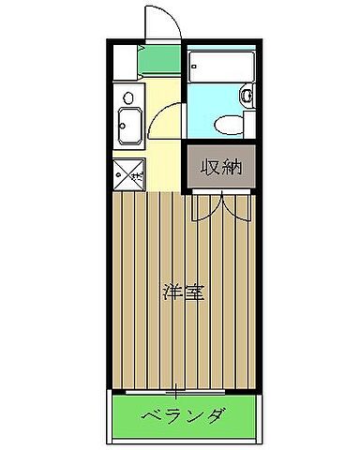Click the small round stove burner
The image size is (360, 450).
[x=128, y=95]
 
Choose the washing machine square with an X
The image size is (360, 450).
[x=127, y=172]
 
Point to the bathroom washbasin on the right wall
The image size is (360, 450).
[x=248, y=95]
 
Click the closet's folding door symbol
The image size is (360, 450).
[x=221, y=204]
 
